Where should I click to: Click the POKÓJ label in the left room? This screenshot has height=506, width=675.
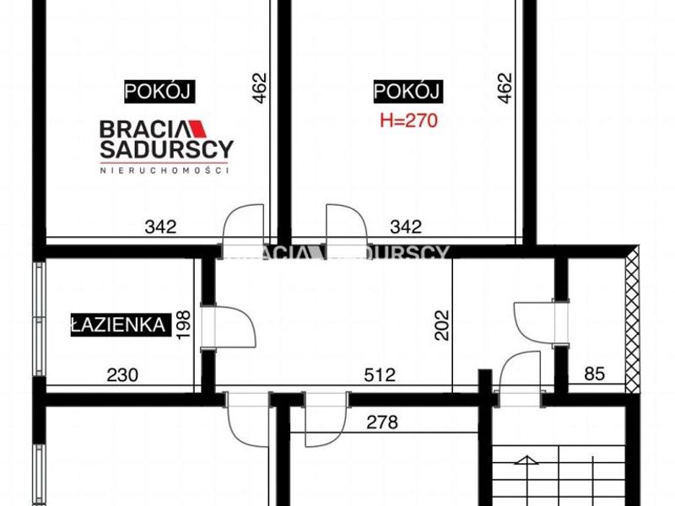(x=159, y=92)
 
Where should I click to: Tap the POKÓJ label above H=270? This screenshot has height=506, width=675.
(x=408, y=92)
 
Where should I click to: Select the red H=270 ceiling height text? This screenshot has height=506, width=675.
(x=408, y=121)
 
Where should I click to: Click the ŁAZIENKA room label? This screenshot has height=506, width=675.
(x=121, y=325)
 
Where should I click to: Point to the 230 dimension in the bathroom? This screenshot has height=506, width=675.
(x=122, y=375)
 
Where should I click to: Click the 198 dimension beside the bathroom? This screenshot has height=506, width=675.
(x=184, y=325)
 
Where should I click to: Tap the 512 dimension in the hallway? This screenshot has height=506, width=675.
(x=380, y=374)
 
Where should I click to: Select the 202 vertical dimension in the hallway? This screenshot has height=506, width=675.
(x=441, y=326)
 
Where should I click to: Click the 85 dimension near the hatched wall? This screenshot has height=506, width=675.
(x=595, y=374)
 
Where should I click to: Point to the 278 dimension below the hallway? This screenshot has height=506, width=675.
(x=382, y=423)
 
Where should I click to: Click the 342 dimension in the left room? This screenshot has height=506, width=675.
(x=160, y=227)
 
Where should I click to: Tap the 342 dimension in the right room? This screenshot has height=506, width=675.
(x=406, y=227)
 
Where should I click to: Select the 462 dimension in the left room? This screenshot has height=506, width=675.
(x=260, y=89)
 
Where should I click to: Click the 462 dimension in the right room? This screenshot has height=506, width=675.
(x=505, y=89)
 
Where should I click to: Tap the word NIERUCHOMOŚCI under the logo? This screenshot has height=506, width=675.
(x=164, y=170)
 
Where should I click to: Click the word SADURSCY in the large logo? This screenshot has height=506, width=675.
(x=167, y=149)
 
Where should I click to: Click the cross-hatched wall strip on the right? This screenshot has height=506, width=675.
(x=632, y=320)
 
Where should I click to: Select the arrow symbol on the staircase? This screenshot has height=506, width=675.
(x=526, y=460)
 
